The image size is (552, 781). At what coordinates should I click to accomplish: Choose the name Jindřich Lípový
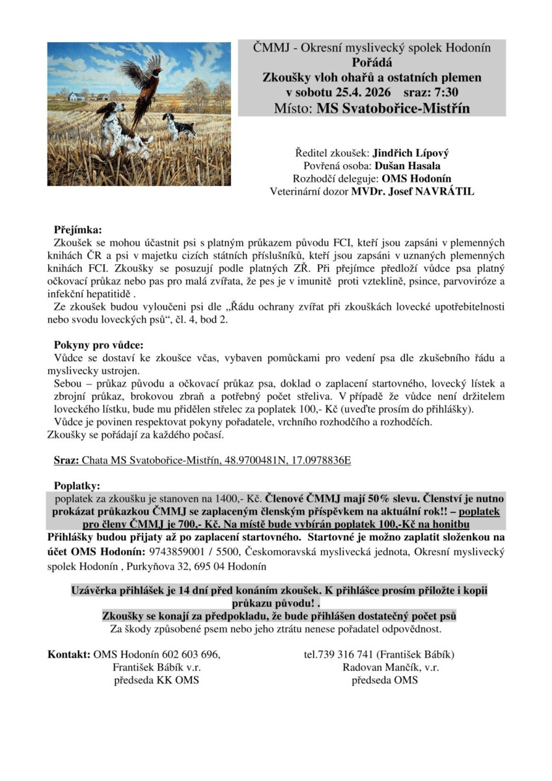[x=410, y=154]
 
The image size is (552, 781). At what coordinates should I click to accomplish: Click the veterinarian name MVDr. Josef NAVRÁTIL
[x=413, y=191]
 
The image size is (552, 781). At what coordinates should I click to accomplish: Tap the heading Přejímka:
[x=77, y=230]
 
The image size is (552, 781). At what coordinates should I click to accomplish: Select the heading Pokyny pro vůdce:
[x=98, y=344]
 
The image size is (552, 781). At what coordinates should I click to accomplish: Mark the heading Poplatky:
[x=77, y=485]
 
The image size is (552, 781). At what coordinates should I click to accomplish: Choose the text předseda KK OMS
[x=156, y=680]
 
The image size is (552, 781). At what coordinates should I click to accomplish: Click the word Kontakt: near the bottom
[x=69, y=654]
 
